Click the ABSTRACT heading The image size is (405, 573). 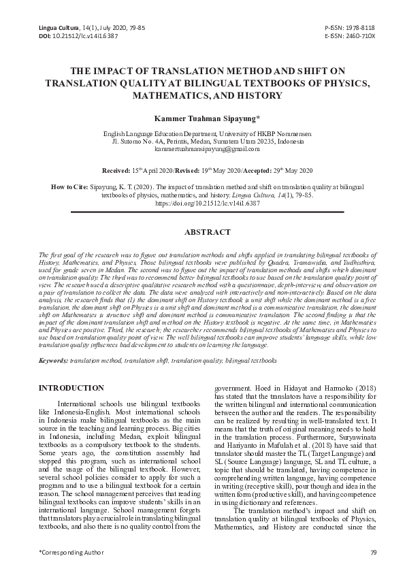tap(203, 233)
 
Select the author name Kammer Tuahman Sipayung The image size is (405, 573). tap(203, 118)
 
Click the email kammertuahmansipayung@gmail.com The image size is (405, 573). tap(203, 148)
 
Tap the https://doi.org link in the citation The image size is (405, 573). tap(203, 203)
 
